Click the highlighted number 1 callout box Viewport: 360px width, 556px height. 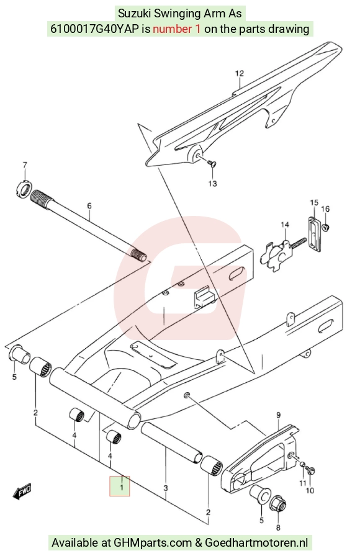(x=120, y=486)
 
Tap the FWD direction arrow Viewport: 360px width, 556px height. (x=22, y=491)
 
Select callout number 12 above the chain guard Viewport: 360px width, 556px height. (x=240, y=73)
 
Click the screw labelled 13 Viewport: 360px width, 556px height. (x=212, y=163)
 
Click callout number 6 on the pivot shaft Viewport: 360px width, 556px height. (x=89, y=205)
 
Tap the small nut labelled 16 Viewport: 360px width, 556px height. (x=326, y=225)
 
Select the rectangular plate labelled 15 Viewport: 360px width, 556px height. (x=314, y=235)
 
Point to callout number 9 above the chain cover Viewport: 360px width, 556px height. (x=279, y=415)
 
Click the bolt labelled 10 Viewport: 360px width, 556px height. (x=312, y=470)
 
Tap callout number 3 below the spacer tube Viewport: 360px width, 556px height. (x=166, y=488)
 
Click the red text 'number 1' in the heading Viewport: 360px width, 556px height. (x=177, y=29)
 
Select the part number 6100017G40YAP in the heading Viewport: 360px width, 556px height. (x=95, y=29)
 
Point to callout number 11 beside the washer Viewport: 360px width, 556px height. (x=302, y=483)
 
